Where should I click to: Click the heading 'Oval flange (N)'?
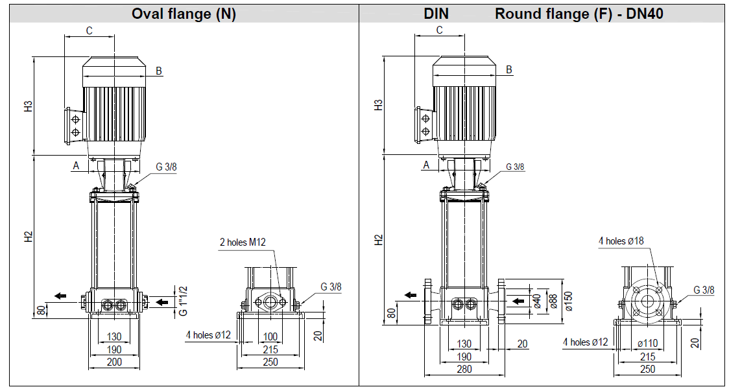[x=184, y=14]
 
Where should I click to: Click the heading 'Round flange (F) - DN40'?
[x=579, y=14]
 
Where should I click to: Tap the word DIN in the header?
[x=436, y=14]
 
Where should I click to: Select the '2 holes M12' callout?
[x=242, y=242]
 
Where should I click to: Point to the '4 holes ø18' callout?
[x=621, y=241]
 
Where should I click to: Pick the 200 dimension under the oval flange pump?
[x=114, y=362]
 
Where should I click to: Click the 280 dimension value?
[x=464, y=369]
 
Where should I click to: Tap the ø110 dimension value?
[x=647, y=344]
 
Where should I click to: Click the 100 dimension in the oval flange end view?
[x=270, y=336]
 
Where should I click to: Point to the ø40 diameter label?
[x=536, y=301]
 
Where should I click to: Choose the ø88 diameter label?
[x=553, y=300]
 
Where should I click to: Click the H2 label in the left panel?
[x=29, y=237]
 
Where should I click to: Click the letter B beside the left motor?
[x=158, y=71]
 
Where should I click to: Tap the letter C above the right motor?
[x=439, y=30]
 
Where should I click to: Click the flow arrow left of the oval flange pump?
[x=60, y=296]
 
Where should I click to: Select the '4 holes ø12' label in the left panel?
[x=208, y=335]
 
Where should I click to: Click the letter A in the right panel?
[x=426, y=165]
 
